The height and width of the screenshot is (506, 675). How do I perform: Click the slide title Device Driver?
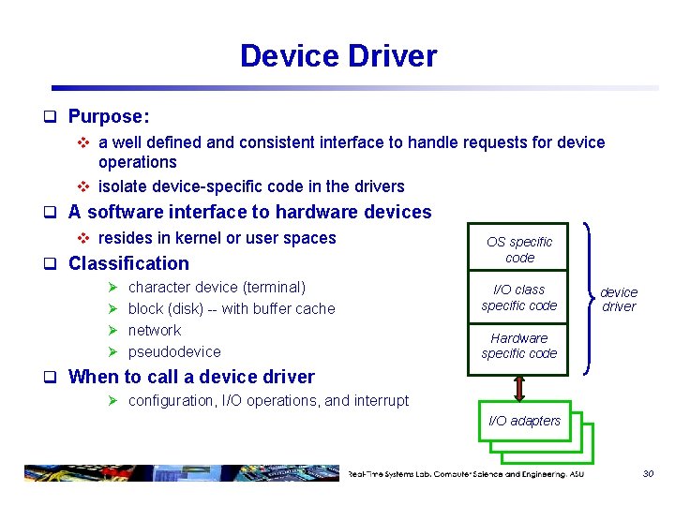coord(337,56)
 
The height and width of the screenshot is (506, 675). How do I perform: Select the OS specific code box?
coord(518,249)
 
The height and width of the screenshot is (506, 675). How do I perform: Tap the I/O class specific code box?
coord(518,297)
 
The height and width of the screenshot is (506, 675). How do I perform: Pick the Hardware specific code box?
coord(518,346)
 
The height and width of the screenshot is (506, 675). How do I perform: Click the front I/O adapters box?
coord(524,422)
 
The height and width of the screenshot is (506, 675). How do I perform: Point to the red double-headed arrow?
coord(517,387)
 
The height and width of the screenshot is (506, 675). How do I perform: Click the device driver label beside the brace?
coord(619,299)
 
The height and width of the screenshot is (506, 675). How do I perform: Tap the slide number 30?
coord(648,474)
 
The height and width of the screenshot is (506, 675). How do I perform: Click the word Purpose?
coord(107,117)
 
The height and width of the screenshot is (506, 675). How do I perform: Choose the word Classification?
coord(128,263)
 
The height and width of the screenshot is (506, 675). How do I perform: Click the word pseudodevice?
coord(174,351)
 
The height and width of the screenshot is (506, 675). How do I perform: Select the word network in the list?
coord(155,330)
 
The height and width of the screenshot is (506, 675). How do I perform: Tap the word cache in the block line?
coord(314,308)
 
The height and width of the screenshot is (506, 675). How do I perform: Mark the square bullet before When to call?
coord(54,378)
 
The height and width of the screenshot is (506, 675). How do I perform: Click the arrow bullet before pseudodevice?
coord(112,351)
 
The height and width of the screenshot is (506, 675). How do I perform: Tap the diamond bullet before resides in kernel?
coord(82,238)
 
